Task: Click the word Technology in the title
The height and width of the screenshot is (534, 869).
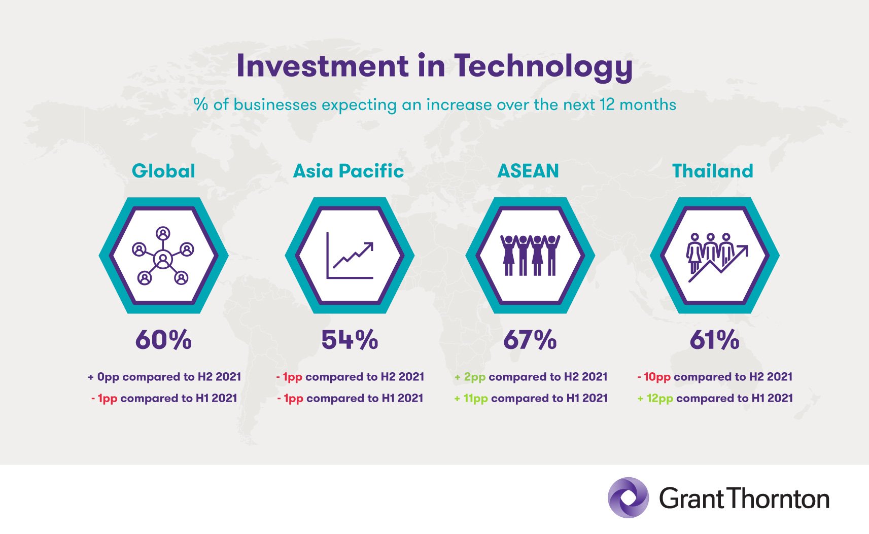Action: (543, 67)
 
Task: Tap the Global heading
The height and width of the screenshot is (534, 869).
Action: (163, 171)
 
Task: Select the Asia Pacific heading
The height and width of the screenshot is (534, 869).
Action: (349, 171)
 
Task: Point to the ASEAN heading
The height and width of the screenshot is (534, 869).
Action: (528, 171)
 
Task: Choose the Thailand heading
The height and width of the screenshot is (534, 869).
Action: (713, 171)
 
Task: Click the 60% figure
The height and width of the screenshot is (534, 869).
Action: (163, 340)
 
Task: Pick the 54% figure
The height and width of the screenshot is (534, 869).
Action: (350, 340)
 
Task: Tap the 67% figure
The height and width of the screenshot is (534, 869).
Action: (530, 340)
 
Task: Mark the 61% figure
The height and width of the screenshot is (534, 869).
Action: (714, 340)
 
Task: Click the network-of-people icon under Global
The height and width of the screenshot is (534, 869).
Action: (163, 256)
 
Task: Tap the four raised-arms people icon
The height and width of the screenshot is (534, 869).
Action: (530, 255)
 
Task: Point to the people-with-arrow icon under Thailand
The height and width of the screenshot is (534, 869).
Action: (717, 258)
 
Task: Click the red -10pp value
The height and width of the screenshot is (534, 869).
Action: (654, 377)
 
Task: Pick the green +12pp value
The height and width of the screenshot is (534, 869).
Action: (655, 398)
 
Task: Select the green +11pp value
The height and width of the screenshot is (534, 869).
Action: (471, 398)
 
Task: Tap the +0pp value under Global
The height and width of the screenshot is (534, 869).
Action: (103, 377)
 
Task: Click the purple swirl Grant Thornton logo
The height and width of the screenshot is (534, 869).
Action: (628, 497)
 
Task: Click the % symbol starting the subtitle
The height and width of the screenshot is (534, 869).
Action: (201, 104)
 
